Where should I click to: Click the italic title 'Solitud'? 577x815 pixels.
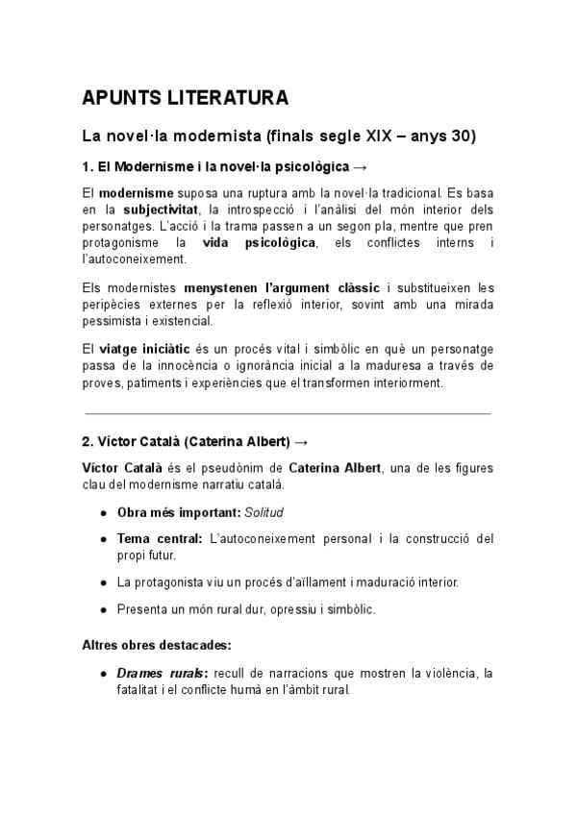[264, 511]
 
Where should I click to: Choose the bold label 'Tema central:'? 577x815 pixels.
[159, 537]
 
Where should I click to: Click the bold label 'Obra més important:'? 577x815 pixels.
[179, 511]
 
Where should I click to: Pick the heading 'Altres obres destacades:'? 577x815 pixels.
[156, 644]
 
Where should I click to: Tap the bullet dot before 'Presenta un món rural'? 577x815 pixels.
[102, 609]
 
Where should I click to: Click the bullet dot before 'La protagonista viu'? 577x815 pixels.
[102, 582]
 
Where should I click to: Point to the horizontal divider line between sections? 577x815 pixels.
[288, 413]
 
